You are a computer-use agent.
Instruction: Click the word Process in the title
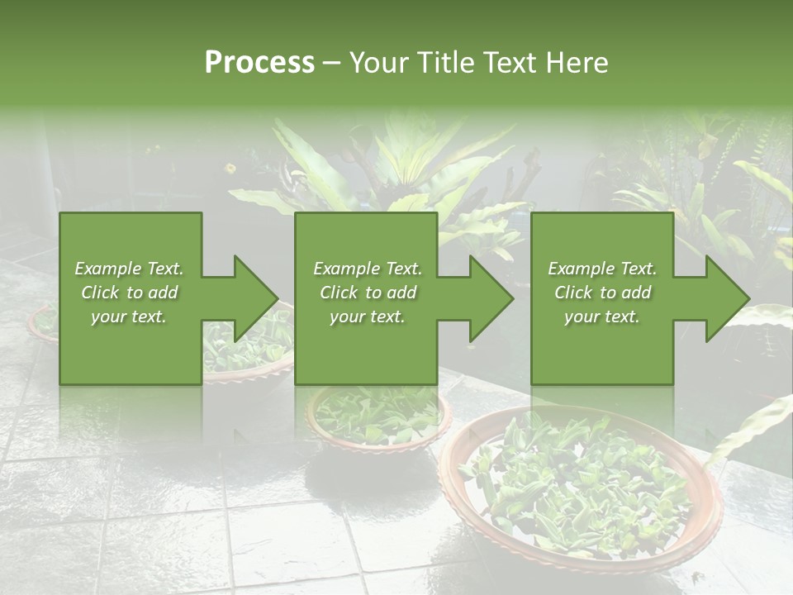point(259,63)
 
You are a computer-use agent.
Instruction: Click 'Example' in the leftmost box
point(108,269)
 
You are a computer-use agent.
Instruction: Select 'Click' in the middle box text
point(337,293)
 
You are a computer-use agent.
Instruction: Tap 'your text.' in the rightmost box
point(601,317)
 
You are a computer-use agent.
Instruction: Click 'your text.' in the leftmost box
point(129,317)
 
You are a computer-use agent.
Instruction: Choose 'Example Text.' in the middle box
point(367,269)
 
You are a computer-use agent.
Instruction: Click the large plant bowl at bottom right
point(578,488)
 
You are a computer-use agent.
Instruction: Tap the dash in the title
point(331,64)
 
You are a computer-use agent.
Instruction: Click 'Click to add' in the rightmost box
point(602,293)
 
